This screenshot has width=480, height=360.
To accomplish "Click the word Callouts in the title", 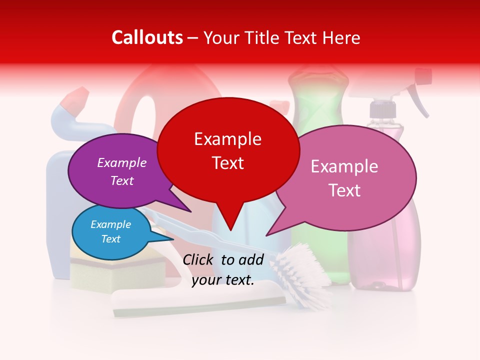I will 147,37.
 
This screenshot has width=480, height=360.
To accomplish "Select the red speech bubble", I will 228,150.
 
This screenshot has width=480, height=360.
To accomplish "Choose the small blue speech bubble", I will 111,232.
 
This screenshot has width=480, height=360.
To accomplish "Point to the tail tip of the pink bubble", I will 268,234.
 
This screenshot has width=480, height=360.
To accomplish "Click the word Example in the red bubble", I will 227,139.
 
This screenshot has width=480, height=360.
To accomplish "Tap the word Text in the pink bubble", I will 344,190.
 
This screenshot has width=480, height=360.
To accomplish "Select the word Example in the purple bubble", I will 122,163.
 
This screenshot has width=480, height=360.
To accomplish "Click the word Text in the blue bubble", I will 111,239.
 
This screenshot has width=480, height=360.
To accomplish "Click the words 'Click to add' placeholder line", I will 223,259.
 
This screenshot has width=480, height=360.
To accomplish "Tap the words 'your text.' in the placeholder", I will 223,280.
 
